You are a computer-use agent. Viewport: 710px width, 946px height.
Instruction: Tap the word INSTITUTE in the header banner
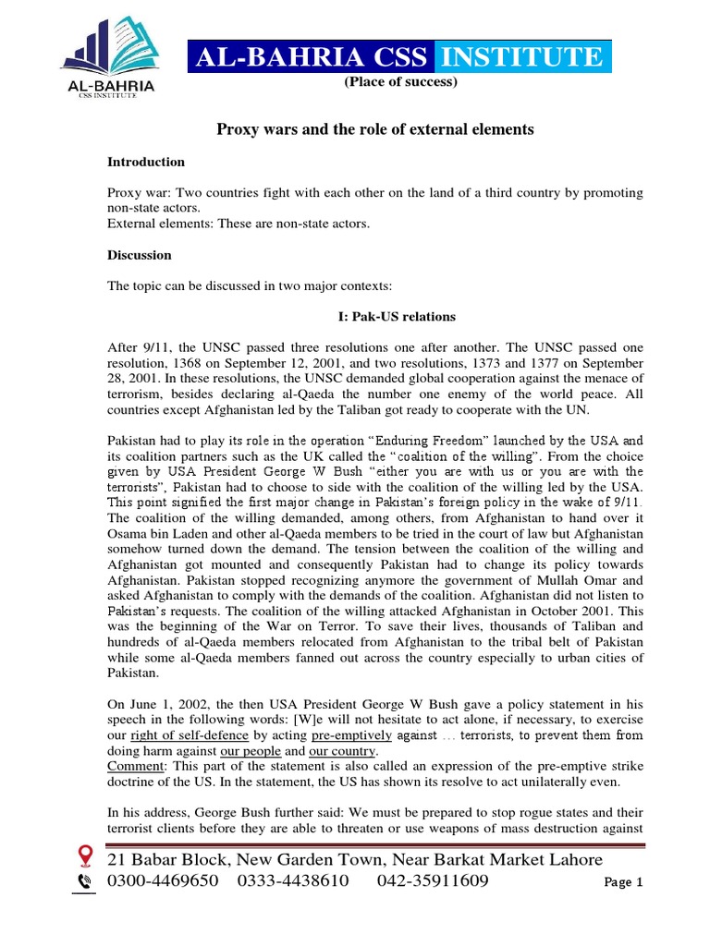[x=520, y=58]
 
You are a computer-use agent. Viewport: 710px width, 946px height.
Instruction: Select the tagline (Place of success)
[x=400, y=82]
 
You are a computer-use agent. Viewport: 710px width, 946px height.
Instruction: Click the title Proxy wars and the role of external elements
[x=374, y=129]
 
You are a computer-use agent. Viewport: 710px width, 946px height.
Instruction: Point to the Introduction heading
[x=146, y=162]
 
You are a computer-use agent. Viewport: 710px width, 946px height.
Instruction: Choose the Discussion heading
[x=140, y=254]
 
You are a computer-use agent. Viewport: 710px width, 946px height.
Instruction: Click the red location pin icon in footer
[x=85, y=857]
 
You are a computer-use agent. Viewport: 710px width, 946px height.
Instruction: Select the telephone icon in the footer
[x=85, y=882]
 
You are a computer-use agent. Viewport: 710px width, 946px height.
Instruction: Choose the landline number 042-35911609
[x=433, y=881]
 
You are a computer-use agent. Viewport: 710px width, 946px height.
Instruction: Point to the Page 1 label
[x=623, y=883]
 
